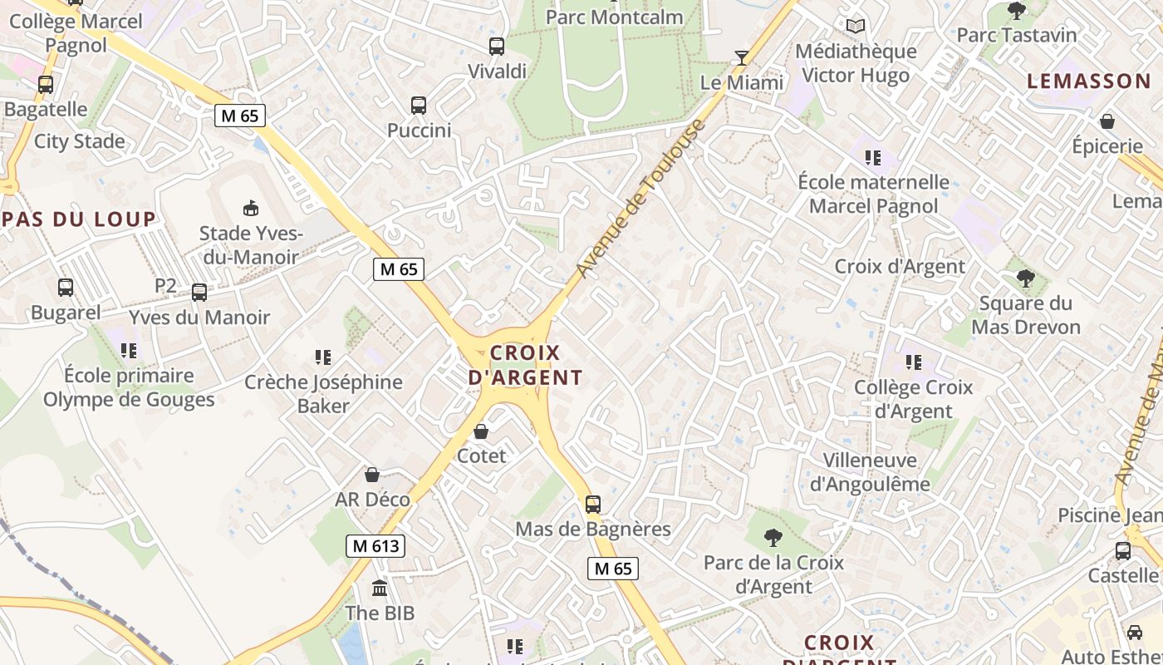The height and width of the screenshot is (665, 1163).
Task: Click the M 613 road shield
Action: pos(375,546)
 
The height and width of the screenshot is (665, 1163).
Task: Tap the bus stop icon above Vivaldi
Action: pos(497,47)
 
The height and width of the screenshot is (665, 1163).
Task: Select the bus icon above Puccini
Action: pos(419,106)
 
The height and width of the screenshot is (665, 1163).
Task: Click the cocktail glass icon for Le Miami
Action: pos(741,58)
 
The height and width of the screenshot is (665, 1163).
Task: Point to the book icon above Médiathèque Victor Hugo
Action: pos(856,27)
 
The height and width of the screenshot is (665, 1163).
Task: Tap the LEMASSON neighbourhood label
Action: pos(1088,81)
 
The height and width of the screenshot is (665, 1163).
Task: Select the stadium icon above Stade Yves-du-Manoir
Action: pos(250,207)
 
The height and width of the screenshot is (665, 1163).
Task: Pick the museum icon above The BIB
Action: pos(380,589)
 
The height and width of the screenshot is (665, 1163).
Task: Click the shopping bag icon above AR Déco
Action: pos(372,475)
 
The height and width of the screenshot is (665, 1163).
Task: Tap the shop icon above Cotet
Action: pos(481,431)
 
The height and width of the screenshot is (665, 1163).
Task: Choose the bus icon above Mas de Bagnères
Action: pos(593,504)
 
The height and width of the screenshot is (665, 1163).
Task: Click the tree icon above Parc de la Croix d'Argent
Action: pos(773,538)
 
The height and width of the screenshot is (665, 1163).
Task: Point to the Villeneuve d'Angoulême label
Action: pos(870,471)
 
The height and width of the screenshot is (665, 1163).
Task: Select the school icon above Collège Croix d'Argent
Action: pos(914,362)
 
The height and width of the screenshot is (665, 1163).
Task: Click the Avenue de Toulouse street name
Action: pos(640,199)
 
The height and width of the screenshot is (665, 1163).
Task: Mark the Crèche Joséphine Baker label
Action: pos(323,394)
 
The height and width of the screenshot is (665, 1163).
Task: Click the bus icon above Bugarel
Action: pos(66,288)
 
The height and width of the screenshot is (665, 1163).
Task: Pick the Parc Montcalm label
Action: pos(615,17)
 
